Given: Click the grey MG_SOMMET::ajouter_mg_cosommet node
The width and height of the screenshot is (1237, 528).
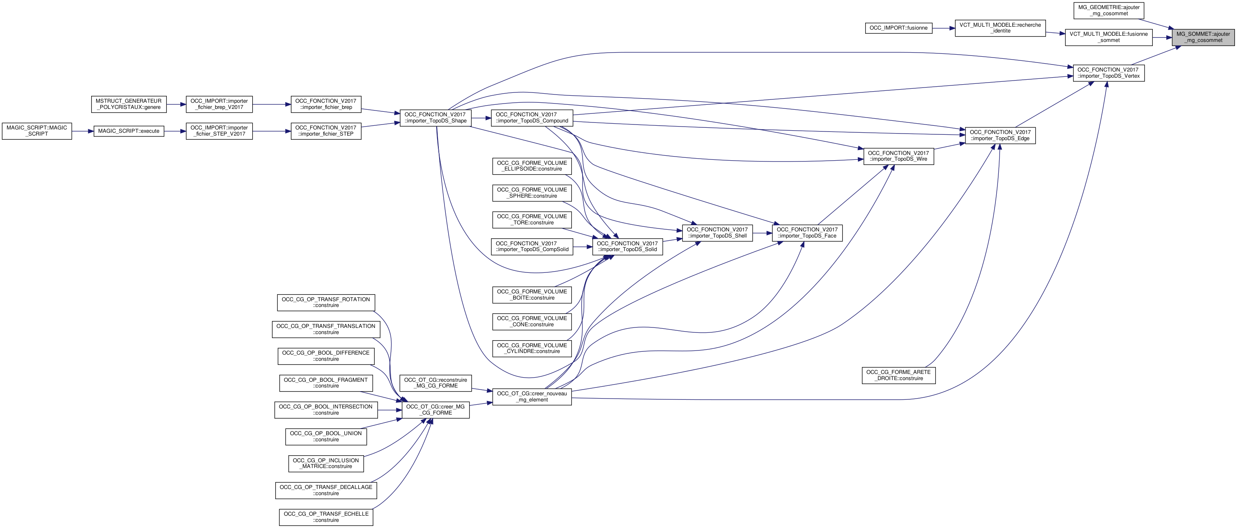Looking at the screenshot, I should point(1202,37).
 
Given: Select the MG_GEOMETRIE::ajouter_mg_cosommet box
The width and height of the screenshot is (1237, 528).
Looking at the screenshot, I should point(1108,11).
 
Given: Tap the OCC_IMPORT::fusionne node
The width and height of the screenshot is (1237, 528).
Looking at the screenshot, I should point(898,28).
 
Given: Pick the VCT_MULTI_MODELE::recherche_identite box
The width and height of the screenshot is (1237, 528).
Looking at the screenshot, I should point(1000,28).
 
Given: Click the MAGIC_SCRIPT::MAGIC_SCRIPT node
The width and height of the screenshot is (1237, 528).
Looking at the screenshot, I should point(37,131).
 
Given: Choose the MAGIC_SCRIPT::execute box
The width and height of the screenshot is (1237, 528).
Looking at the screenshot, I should point(129,131).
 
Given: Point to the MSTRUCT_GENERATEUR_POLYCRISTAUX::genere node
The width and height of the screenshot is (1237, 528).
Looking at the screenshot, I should point(129,104).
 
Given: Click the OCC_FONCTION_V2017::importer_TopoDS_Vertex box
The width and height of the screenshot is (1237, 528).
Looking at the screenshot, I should point(1108,73).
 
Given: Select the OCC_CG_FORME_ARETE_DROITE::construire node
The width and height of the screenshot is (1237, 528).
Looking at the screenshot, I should point(898,375).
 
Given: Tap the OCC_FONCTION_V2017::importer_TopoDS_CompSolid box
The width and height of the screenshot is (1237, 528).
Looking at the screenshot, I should point(532,247).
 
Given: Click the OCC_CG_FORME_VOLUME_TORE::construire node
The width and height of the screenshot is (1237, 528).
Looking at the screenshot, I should point(532,219).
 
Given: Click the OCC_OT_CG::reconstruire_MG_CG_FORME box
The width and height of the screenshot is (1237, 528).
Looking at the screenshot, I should point(435,383).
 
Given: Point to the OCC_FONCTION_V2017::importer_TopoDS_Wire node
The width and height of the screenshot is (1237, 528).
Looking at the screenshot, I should point(898,156).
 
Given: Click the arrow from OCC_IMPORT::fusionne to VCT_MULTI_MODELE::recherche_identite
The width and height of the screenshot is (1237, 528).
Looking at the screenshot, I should point(943,28).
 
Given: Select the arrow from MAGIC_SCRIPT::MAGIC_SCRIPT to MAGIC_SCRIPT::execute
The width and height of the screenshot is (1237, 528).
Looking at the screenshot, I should point(83,131).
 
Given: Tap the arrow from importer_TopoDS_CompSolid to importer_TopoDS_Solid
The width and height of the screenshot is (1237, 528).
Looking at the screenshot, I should point(583,247).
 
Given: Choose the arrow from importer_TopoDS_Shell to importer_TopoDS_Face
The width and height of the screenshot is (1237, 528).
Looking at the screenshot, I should point(762,233).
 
